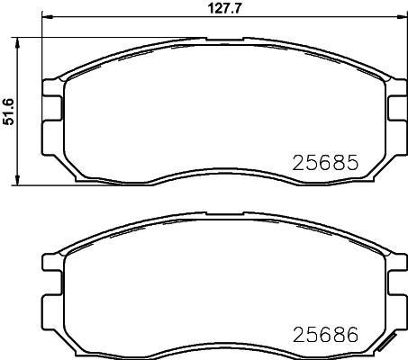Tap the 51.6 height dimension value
tap(9, 111)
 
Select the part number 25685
tap(325, 164)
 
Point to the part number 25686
tap(325, 334)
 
